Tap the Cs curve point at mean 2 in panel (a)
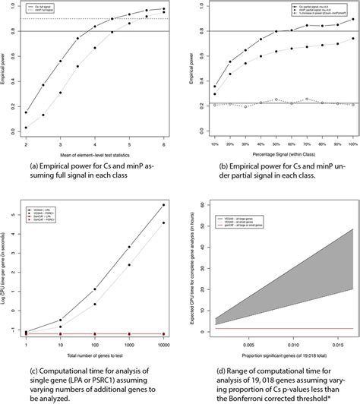(x=26, y=112)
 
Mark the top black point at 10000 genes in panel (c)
(x=164, y=205)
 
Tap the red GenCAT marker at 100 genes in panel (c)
(x=95, y=333)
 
